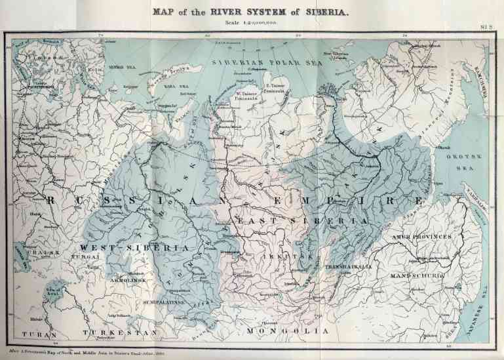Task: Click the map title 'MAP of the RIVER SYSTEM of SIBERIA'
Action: coord(252,11)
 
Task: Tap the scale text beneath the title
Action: coord(252,22)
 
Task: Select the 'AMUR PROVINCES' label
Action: coord(422,236)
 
